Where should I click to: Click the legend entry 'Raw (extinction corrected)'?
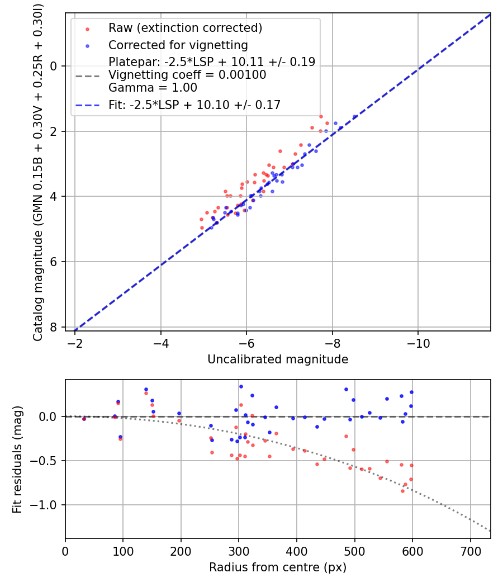point(185,28)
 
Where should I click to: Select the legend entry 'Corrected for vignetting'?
point(178,45)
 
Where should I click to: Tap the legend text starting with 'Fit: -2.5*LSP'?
point(194,105)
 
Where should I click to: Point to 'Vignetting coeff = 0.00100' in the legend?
point(187,75)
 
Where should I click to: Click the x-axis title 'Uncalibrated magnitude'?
point(278,359)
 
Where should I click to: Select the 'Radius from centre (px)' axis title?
point(278,567)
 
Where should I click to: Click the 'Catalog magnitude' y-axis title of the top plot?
point(38,171)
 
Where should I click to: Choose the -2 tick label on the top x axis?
point(75,343)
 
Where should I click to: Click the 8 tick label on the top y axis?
point(54,327)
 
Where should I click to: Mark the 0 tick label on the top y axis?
point(54,66)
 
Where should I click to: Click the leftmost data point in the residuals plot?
point(84,418)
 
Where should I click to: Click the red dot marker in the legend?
point(87,29)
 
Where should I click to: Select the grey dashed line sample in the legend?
point(87,75)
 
